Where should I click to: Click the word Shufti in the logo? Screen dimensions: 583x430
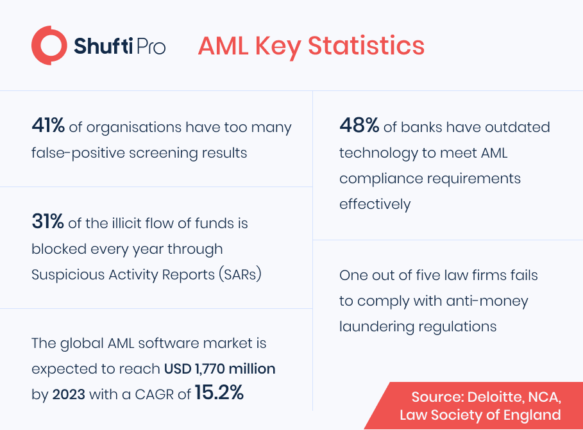tap(103, 45)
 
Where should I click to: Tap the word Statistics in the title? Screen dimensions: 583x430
tap(366, 46)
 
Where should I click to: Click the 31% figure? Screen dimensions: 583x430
tap(47, 221)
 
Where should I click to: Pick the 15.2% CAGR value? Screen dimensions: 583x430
tap(219, 392)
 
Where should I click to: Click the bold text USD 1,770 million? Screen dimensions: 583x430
tap(220, 368)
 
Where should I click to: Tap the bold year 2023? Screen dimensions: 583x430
tap(69, 394)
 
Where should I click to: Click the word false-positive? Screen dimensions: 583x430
tap(78, 153)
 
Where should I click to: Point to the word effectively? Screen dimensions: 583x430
tap(375, 204)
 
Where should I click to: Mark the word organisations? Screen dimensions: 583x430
tap(134, 128)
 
